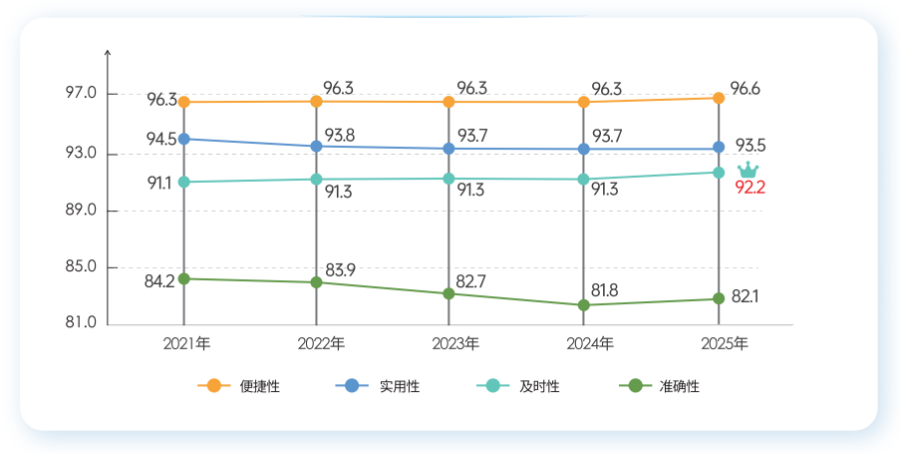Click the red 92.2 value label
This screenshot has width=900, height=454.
coord(750,187)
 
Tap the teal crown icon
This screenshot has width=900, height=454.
coord(748,170)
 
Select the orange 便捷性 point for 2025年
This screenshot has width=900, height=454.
coord(719,98)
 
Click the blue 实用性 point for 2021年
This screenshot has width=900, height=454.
coord(184,139)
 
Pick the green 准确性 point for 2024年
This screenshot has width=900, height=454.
coord(584,305)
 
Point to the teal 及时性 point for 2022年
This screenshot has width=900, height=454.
coord(316,180)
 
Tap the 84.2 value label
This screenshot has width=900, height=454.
coord(159,281)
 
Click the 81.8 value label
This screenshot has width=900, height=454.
coord(604,290)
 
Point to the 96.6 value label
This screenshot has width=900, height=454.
coord(746,89)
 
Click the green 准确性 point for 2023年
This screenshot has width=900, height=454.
coord(450,293)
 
